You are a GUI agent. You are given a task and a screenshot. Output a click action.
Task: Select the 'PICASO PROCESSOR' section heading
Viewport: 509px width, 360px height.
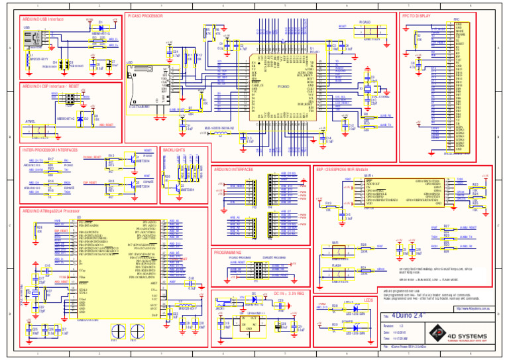tap(144, 15)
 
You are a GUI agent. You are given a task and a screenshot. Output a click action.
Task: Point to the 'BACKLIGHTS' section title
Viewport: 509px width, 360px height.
tap(174, 150)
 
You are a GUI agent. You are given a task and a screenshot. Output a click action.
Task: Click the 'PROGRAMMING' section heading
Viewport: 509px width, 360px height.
tap(228, 253)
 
